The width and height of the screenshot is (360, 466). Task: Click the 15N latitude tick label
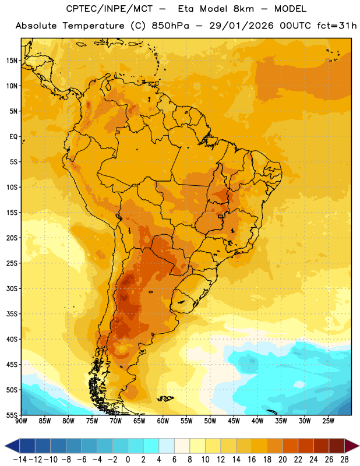[x=12, y=61]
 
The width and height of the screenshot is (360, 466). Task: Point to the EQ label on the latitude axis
[x=13, y=137]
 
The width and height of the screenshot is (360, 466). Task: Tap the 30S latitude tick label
[x=12, y=288]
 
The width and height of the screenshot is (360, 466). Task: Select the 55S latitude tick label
[x=12, y=415]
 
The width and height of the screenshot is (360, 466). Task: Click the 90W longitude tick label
[x=21, y=421]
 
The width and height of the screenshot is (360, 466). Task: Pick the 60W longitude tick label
[x=163, y=421]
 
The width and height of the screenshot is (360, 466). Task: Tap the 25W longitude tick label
[x=328, y=421]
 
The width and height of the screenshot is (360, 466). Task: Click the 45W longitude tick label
[x=234, y=421]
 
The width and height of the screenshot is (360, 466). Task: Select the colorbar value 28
[x=344, y=460]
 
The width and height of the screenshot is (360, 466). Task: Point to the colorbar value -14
[x=20, y=460]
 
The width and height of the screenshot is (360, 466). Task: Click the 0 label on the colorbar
[x=128, y=460]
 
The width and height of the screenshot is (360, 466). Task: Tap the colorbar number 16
[x=252, y=460]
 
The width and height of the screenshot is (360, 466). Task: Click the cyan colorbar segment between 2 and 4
[x=151, y=446]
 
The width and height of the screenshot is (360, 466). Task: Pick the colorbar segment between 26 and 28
[x=337, y=446]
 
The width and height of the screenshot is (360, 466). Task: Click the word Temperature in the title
[x=93, y=26]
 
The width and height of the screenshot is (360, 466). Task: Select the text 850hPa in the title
[x=170, y=26]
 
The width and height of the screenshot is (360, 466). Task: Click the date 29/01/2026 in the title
[x=241, y=26]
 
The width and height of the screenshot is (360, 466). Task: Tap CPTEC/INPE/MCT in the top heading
[x=110, y=9]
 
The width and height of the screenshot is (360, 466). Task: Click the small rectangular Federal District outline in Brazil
[x=221, y=216]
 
